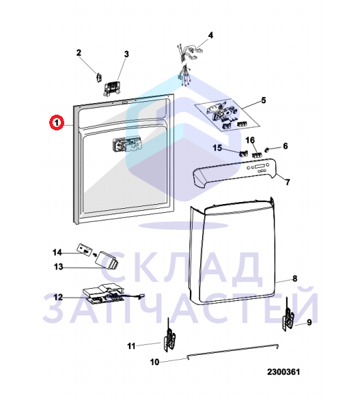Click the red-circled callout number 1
[57, 123]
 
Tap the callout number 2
[79, 53]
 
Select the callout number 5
[264, 100]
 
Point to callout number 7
[288, 182]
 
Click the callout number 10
[154, 362]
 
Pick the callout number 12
[58, 297]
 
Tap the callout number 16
[250, 140]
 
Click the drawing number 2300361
[283, 372]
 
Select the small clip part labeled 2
[98, 77]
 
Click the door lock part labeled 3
[112, 88]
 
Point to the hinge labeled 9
[288, 315]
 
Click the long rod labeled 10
[233, 351]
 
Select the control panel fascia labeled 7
[235, 173]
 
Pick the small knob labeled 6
[268, 149]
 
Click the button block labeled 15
[243, 154]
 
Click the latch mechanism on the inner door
[127, 145]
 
